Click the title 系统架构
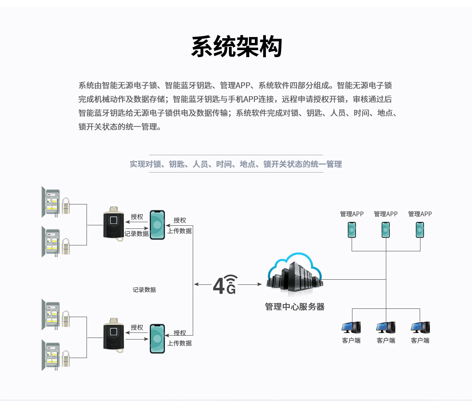pyautogui.click(x=236, y=47)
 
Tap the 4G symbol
pyautogui.click(x=225, y=284)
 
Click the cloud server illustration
pyautogui.click(x=295, y=274)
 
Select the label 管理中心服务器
pyautogui.click(x=295, y=307)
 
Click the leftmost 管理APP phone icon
pyautogui.click(x=352, y=230)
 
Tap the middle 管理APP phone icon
pyautogui.click(x=386, y=230)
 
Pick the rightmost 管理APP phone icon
pyautogui.click(x=420, y=230)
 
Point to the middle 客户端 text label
pyautogui.click(x=386, y=340)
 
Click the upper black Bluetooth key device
pyautogui.click(x=114, y=223)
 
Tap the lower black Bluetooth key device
pyautogui.click(x=114, y=335)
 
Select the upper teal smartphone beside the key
pyautogui.click(x=157, y=225)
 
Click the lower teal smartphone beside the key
pyautogui.click(x=157, y=339)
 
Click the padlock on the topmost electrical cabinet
pyautogui.click(x=65, y=206)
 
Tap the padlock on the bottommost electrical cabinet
pyautogui.click(x=65, y=359)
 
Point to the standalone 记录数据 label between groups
pyautogui.click(x=144, y=290)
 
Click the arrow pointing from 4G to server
pyautogui.click(x=250, y=284)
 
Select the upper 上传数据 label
pyautogui.click(x=180, y=231)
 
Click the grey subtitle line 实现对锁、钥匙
pyautogui.click(x=236, y=164)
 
